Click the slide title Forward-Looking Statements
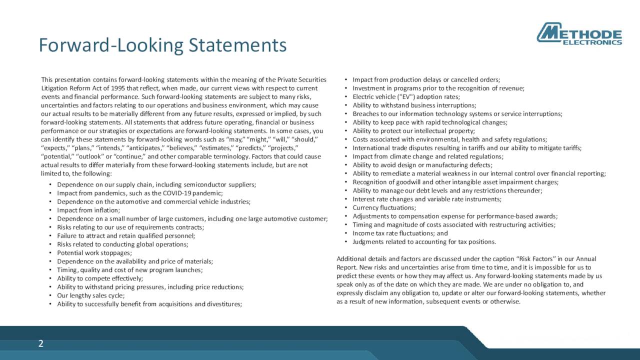pos(162,45)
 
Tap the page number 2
pos(41,343)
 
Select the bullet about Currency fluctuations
pos(384,207)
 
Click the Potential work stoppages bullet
pos(94,253)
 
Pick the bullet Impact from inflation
pos(88,210)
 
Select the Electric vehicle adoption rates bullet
pos(406,96)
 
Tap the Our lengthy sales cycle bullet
pos(90,295)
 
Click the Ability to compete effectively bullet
pos(100,278)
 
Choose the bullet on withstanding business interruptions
pos(414,105)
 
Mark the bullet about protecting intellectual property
pos(413,131)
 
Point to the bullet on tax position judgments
pos(424,242)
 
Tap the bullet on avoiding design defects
pos(422,165)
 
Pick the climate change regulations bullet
pos(427,156)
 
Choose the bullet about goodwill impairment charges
pos(455,182)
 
